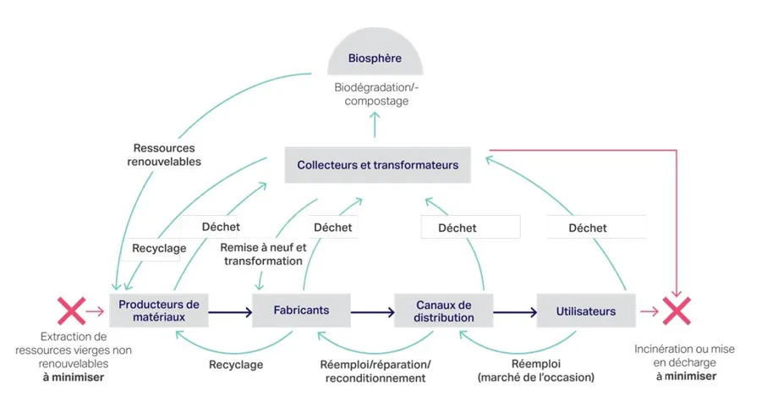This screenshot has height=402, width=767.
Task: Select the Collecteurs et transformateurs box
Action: [372, 165]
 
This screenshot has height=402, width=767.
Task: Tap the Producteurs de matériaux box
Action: [158, 311]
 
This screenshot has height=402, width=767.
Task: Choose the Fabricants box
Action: [301, 311]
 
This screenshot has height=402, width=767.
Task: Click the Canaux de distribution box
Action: [444, 311]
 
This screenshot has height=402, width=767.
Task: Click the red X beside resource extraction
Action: [70, 311]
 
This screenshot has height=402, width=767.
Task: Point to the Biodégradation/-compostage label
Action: [374, 94]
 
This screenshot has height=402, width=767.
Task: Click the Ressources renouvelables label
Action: [164, 154]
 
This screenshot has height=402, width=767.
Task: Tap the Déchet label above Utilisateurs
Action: [588, 228]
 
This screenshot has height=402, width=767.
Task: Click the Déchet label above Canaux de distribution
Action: [457, 228]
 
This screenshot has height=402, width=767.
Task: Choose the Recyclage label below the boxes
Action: [235, 365]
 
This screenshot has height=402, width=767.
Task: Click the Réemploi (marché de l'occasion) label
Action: [536, 371]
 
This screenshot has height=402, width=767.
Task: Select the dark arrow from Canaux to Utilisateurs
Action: [515, 312]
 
